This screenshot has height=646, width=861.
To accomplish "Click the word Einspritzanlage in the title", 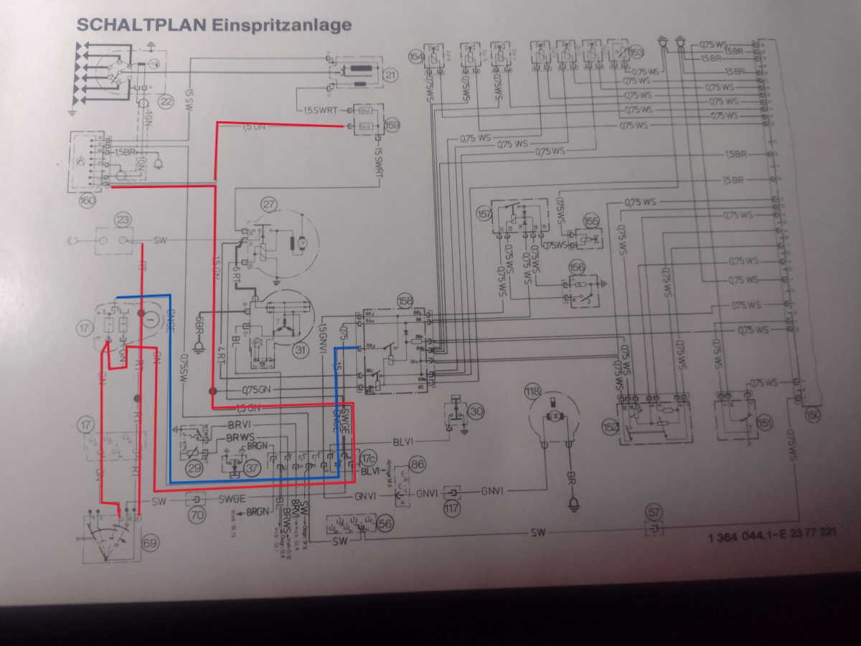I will [281, 25].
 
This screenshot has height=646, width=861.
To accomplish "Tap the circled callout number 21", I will [390, 75].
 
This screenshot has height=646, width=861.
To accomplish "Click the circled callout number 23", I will [123, 220].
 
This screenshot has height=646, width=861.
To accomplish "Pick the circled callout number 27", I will [268, 204].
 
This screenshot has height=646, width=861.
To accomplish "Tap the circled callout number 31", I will [298, 350].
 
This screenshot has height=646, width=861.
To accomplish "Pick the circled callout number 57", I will [654, 512].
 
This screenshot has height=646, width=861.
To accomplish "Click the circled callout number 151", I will [765, 423].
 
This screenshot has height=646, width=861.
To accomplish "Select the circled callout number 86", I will [418, 464].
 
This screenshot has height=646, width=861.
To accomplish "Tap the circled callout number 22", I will [166, 101].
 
